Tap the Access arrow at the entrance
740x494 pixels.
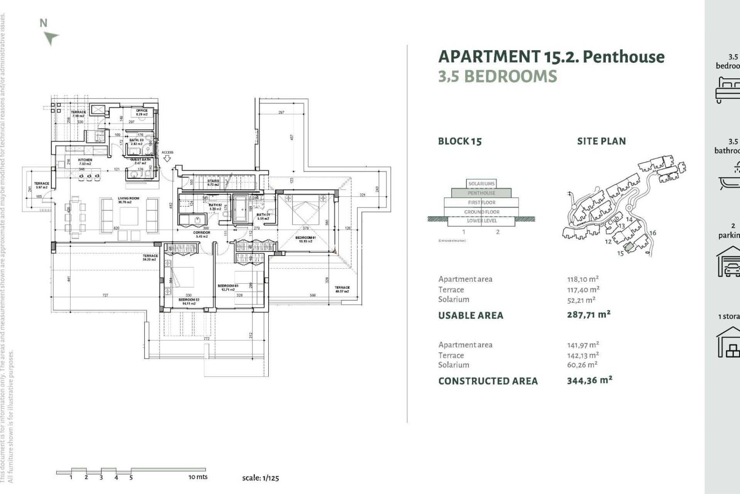tap(167, 158)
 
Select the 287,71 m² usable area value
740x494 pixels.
tap(589, 315)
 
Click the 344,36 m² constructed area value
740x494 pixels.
tap(589, 381)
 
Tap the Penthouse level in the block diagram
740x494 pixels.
tap(481, 193)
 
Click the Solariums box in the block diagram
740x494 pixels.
tap(481, 184)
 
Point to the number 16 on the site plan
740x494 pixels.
tap(653, 233)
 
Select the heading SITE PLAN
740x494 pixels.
tap(601, 141)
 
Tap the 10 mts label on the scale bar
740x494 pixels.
tap(198, 477)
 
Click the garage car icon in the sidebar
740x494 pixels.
tap(730, 262)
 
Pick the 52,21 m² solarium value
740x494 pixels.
tap(581, 300)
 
